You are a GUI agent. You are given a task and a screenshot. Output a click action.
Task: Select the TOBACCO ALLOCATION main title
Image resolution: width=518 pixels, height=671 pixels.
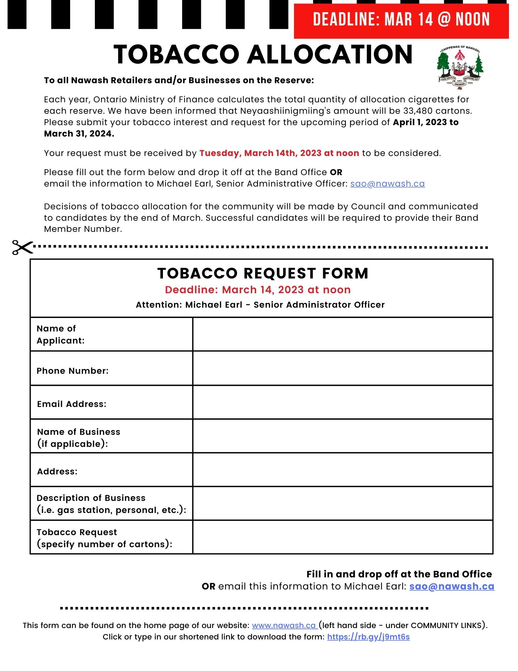[x=263, y=55]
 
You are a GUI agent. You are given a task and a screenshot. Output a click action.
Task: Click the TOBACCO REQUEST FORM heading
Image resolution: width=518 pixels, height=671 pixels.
[x=263, y=273]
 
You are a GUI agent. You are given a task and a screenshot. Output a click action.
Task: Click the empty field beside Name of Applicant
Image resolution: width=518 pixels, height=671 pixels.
[x=342, y=334]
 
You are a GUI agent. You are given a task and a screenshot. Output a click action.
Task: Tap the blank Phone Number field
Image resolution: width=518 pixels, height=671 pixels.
[x=342, y=368]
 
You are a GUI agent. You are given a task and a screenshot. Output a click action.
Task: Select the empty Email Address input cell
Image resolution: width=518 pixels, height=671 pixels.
[x=342, y=402]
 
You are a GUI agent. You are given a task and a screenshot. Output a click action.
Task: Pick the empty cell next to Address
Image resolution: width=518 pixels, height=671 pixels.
[x=342, y=470]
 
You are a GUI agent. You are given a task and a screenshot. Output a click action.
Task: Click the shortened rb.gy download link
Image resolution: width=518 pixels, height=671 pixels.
[x=368, y=637]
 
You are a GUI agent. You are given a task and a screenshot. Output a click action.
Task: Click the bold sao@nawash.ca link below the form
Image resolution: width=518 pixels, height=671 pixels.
[x=452, y=586]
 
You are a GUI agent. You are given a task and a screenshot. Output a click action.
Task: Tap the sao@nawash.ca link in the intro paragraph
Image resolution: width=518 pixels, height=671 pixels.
[x=387, y=184]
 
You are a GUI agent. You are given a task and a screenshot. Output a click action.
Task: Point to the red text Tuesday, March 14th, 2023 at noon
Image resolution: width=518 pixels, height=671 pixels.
[x=279, y=153]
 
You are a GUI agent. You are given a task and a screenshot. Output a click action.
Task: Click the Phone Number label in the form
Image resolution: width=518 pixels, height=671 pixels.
[x=72, y=371]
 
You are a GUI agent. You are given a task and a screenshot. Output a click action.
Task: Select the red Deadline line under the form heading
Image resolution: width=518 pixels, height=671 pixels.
[x=257, y=290]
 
